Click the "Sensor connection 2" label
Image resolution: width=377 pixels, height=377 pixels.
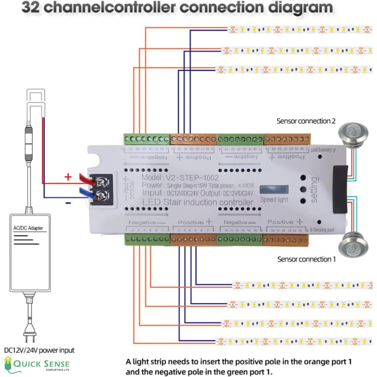[x=306, y=121]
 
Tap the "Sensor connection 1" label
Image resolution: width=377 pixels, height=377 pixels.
[x=306, y=259]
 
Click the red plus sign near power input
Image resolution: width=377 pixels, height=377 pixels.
[x=68, y=177]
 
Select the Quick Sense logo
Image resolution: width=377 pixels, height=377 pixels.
[x=36, y=364]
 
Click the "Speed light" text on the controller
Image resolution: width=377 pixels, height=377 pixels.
[x=274, y=199]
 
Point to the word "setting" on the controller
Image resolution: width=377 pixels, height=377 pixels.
[x=314, y=190]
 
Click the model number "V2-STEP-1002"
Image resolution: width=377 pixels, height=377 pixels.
[x=192, y=178]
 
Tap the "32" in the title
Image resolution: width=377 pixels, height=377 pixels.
[x=34, y=8]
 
